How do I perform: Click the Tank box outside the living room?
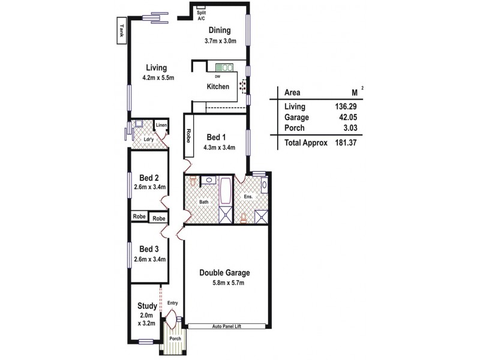(x=121, y=31)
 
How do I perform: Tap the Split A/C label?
(x=202, y=16)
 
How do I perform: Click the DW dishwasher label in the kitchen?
(x=217, y=76)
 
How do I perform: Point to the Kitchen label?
(x=218, y=87)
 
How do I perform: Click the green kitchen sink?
(x=224, y=68)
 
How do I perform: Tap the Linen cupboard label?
(x=161, y=125)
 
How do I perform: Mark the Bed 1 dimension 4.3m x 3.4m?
(x=219, y=147)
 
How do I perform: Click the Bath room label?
(x=204, y=202)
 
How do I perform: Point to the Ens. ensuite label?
(x=249, y=196)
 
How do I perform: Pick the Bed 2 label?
(x=149, y=178)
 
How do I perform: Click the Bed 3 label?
(x=149, y=249)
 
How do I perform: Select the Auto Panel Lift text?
(x=226, y=326)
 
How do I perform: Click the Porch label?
(x=175, y=339)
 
